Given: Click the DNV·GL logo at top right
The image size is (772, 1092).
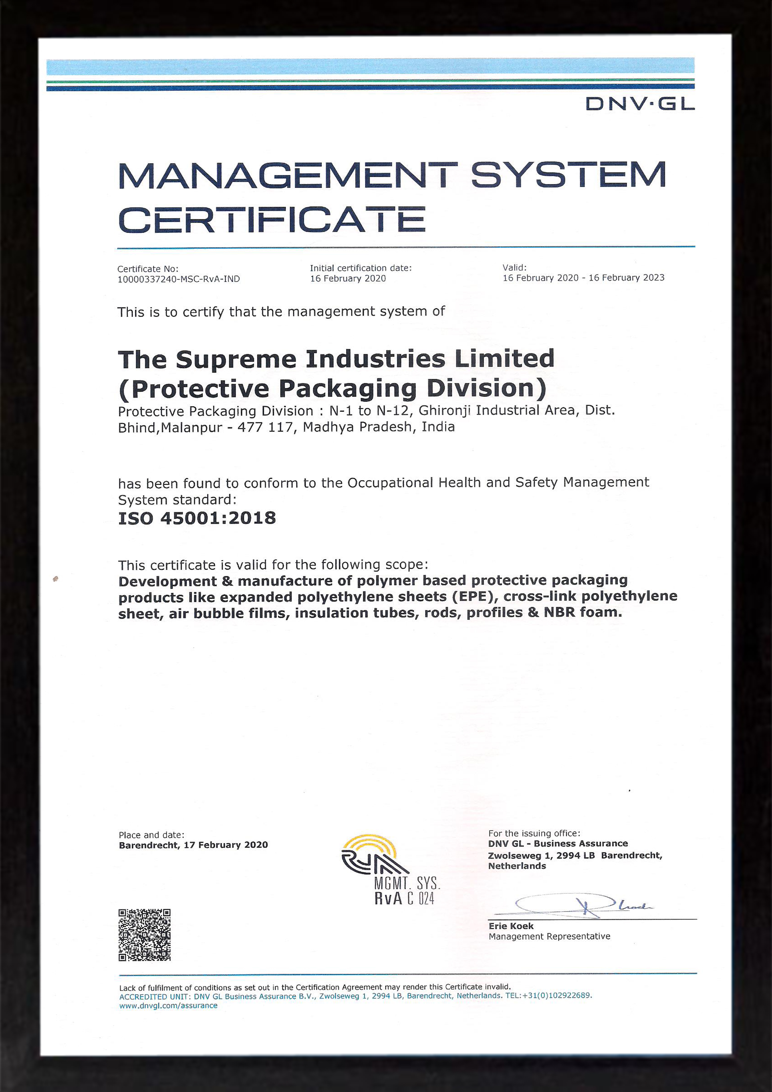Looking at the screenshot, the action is (639, 104).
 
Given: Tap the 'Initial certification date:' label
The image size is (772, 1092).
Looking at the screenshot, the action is (360, 268).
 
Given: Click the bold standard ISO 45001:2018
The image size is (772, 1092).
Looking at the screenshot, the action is (197, 518).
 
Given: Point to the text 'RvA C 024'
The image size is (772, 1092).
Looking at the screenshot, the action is (404, 898).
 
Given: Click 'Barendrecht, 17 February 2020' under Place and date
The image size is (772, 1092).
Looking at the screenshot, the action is (193, 845).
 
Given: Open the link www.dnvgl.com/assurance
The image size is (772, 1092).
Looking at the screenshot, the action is (168, 1005).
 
